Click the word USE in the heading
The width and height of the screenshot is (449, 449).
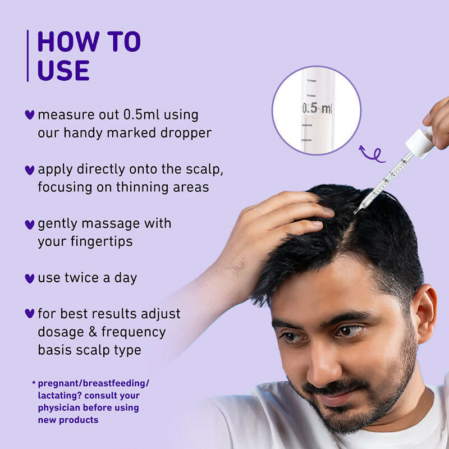click(63, 70)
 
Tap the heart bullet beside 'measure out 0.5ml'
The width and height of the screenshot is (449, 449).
click(30, 114)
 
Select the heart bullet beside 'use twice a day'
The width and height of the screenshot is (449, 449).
click(30, 278)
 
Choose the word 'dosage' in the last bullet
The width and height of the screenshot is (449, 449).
click(59, 332)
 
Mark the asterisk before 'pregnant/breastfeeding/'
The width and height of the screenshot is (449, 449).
click(34, 383)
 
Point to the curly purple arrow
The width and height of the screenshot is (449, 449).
click(372, 153)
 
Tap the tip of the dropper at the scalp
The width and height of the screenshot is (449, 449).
click(356, 212)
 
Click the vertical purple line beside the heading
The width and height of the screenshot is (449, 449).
click(28, 56)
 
